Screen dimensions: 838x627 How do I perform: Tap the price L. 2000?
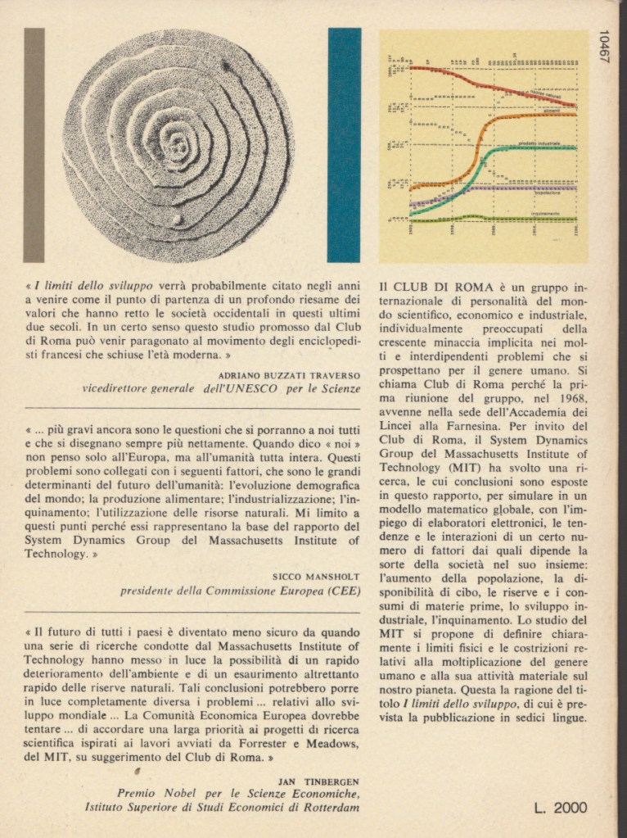point(561,808)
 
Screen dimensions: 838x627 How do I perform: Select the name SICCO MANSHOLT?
point(316,576)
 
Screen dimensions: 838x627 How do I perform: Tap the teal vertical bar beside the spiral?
point(344,145)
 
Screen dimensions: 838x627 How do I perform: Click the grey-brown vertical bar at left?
point(34,145)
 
